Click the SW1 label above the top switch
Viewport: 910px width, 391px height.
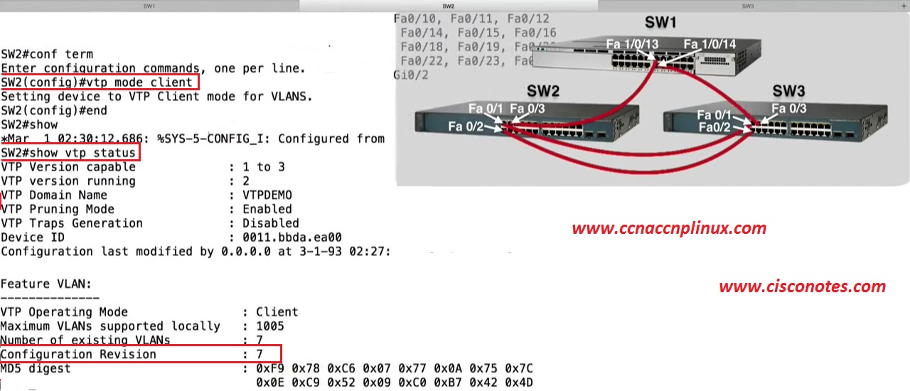click(660, 22)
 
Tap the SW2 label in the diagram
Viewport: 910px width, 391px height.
click(543, 91)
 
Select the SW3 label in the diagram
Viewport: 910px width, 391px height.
click(788, 91)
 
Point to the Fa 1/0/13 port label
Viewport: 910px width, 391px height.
click(632, 44)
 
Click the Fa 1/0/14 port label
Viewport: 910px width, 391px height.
click(710, 44)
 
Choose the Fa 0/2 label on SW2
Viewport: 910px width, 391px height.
click(466, 127)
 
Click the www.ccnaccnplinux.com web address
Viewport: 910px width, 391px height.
click(669, 228)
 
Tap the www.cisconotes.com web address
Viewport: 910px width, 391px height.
click(802, 286)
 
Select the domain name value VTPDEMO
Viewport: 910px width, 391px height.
click(267, 195)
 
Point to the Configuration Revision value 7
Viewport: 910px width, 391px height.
click(259, 354)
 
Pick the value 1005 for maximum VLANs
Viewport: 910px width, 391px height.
click(270, 326)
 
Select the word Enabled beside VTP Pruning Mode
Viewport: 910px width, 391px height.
click(267, 209)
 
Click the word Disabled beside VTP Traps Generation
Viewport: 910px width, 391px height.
click(271, 223)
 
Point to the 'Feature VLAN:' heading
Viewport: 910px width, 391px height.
click(46, 283)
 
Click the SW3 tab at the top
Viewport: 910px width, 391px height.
click(747, 6)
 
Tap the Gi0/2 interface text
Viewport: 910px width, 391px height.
click(411, 75)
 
